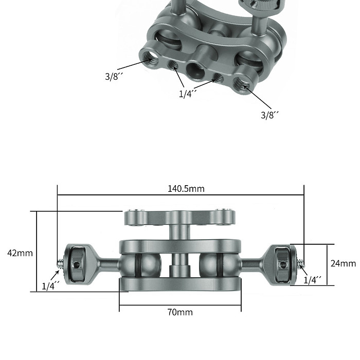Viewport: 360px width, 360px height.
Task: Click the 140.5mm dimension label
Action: click(x=186, y=189)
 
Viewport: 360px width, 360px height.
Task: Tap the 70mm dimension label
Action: click(x=180, y=312)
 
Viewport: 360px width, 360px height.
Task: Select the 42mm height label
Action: click(x=20, y=253)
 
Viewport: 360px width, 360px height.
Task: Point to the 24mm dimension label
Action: click(x=343, y=263)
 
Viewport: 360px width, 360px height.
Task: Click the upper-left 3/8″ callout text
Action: click(x=114, y=76)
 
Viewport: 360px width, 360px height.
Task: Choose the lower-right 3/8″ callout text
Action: click(x=270, y=115)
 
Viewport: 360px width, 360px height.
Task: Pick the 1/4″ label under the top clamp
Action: click(x=188, y=94)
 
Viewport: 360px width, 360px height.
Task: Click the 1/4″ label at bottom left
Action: click(x=50, y=286)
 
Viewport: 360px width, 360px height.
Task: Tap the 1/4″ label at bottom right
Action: click(x=313, y=280)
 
